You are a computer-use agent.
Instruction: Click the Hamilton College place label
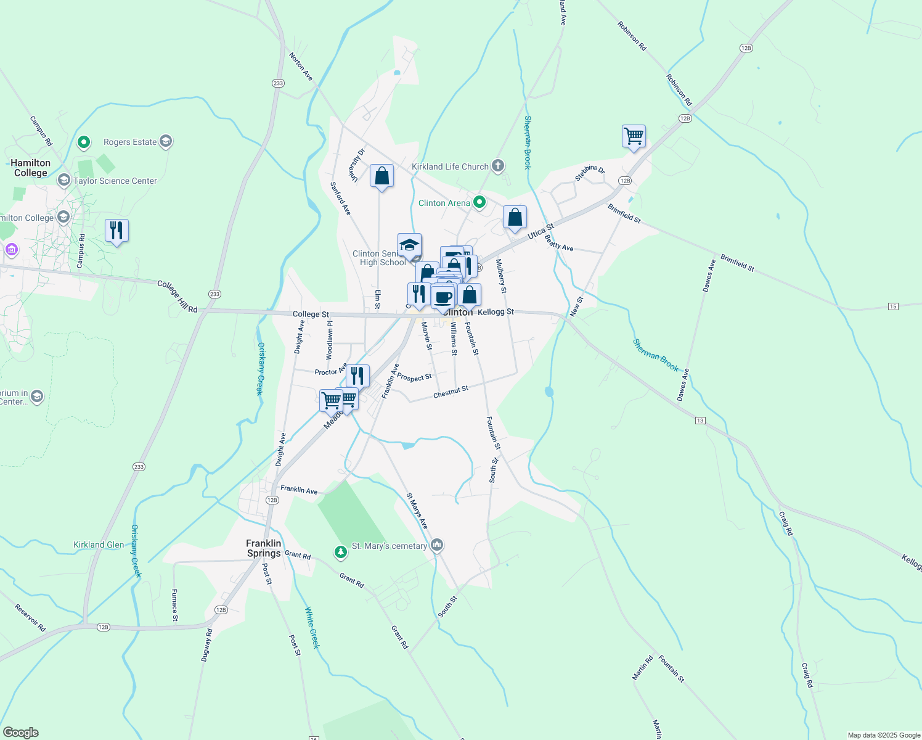coord(30,168)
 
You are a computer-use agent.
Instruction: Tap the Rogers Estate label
coord(130,142)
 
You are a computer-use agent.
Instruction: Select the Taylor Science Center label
coord(115,181)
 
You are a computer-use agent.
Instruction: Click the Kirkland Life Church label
coord(450,166)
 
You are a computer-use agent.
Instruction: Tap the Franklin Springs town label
coord(264,548)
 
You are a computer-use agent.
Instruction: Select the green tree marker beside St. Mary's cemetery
coord(340,551)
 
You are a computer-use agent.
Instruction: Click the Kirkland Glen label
coord(99,545)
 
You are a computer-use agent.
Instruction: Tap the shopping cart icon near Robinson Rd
coord(634,136)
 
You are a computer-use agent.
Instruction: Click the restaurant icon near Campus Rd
coord(116,231)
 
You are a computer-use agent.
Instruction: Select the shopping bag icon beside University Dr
coord(381,176)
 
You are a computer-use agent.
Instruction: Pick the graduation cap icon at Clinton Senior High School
coord(409,245)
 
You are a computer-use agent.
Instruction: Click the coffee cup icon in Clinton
coord(443,297)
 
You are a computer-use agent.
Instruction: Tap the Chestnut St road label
coord(451,392)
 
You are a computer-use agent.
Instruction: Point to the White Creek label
coord(312,628)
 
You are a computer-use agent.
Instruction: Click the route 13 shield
coord(700,421)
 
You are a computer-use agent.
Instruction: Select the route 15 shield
coord(893,306)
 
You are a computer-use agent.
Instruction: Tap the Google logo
coord(20,733)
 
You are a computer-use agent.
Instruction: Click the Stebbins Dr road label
coord(590,173)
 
